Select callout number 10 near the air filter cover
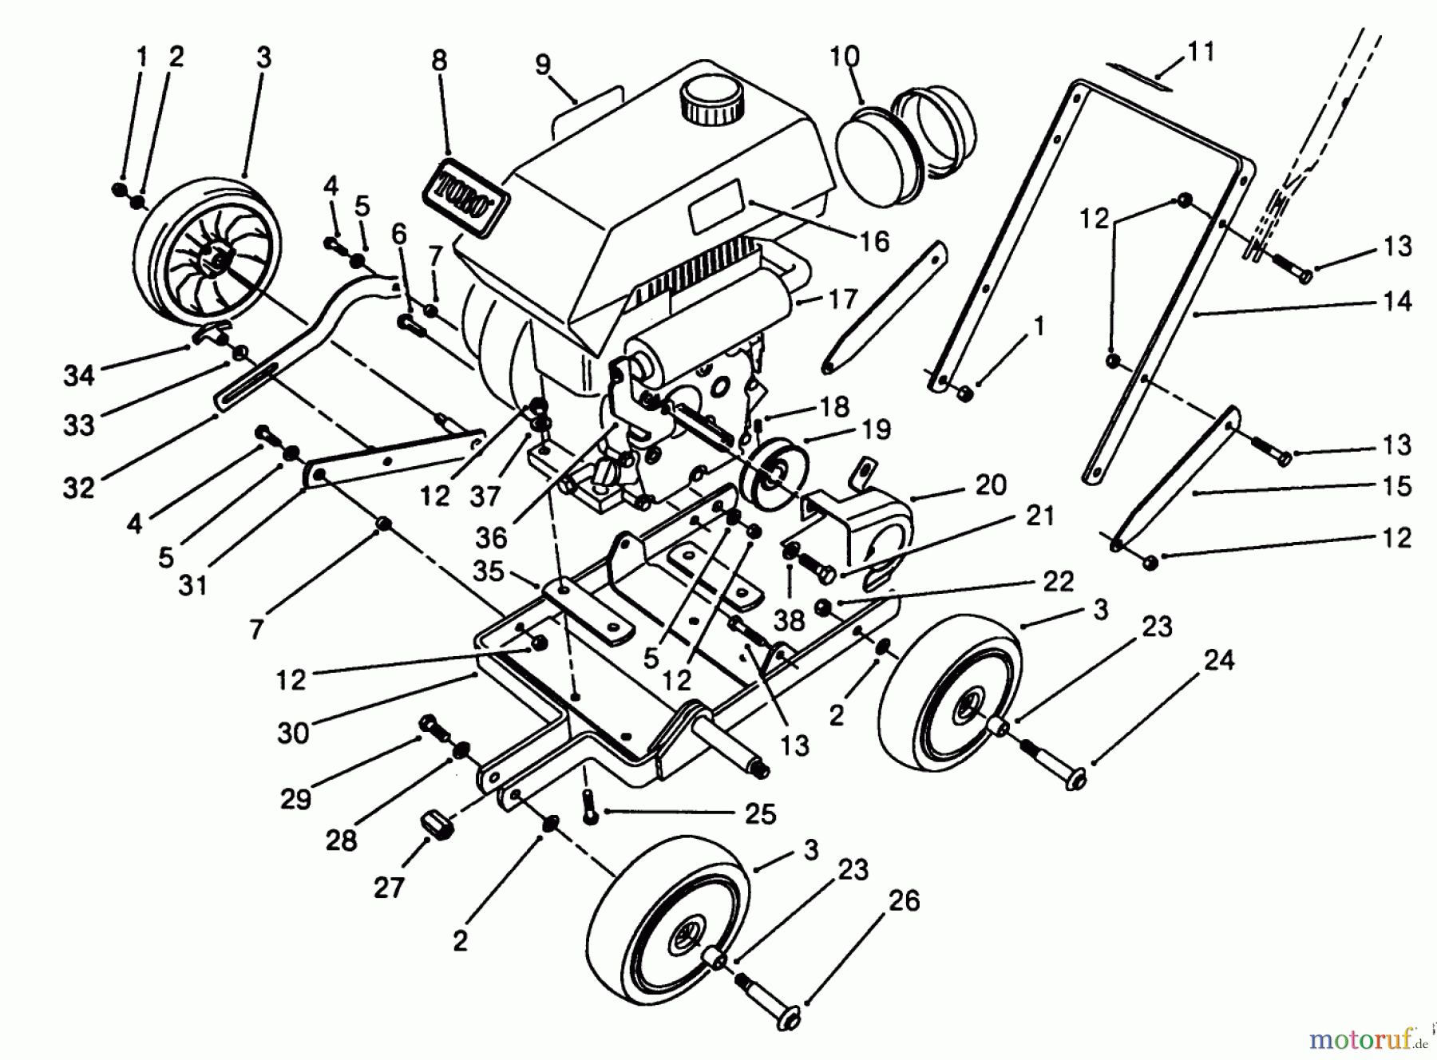[x=845, y=57]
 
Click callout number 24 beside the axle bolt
[x=1218, y=661]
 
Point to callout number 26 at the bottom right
[x=903, y=901]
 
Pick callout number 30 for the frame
[x=293, y=731]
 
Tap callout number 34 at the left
[x=79, y=375]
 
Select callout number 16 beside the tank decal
[x=874, y=241]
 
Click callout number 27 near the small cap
[x=389, y=887]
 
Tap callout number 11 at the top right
[x=1200, y=52]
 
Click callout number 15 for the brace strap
[x=1396, y=486]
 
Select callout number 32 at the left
[x=79, y=487]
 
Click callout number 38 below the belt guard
[x=789, y=620]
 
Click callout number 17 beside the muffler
[x=842, y=299]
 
